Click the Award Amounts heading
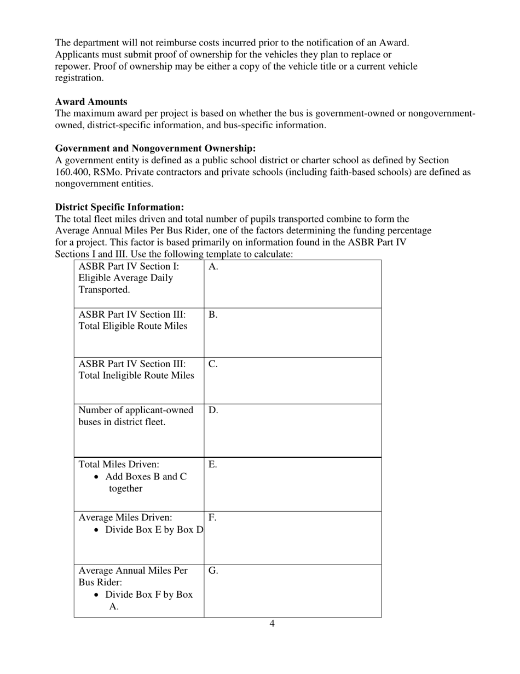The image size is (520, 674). tap(91, 102)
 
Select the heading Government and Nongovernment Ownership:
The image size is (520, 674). tap(155, 148)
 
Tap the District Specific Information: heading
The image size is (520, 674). tap(119, 207)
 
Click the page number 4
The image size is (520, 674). tap(272, 624)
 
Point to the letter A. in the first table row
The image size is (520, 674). tap(213, 266)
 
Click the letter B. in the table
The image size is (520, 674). tap(213, 315)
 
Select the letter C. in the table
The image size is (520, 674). tap(213, 364)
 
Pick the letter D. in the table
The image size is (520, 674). tap(213, 410)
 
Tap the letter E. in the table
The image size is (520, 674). tap(213, 465)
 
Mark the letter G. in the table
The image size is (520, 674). tap(213, 570)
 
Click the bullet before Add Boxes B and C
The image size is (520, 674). tap(97, 477)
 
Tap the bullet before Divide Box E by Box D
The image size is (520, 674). tap(97, 530)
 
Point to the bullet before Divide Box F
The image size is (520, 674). tap(97, 595)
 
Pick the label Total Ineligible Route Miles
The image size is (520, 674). tap(136, 375)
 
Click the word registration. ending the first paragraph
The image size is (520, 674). tap(79, 78)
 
